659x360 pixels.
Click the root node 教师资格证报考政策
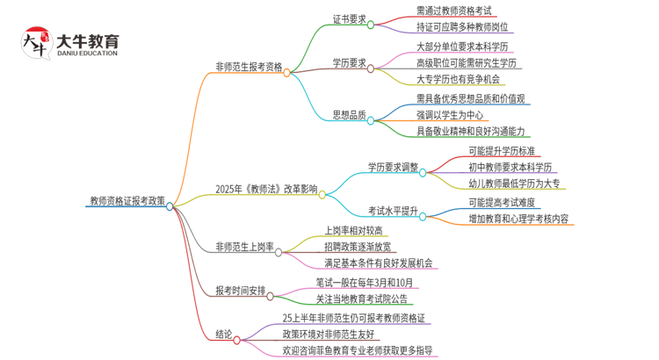point(127,200)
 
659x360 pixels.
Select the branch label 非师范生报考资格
point(249,66)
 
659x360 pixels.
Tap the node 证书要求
point(349,18)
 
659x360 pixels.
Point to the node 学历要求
point(349,62)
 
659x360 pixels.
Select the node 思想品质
point(349,115)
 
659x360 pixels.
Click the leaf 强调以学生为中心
point(450,115)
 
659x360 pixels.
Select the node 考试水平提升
point(393,211)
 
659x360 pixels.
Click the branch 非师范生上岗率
point(244,248)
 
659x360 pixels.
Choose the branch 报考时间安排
point(240,291)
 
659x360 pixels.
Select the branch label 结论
point(224,334)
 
